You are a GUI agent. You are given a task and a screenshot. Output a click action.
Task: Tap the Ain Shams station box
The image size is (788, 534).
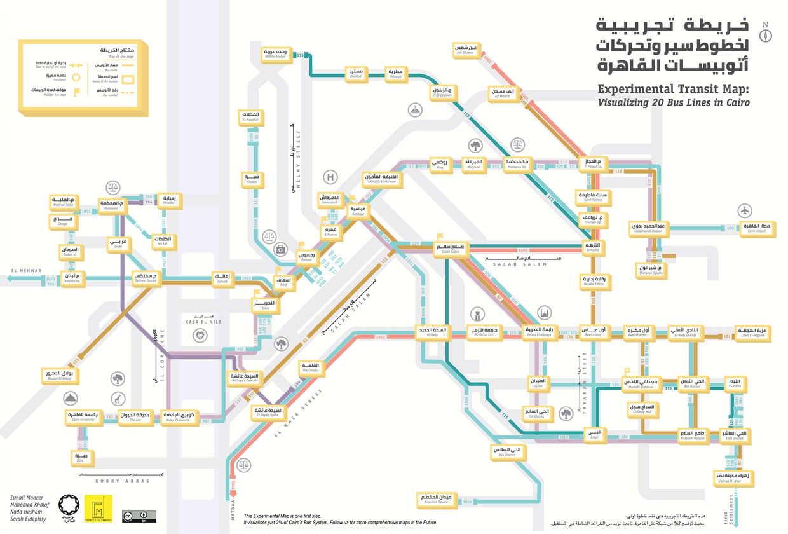[466, 50]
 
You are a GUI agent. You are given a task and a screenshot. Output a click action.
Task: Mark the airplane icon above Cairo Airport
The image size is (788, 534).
[744, 210]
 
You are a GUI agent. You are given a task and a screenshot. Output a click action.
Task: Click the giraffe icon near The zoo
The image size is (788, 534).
[118, 399]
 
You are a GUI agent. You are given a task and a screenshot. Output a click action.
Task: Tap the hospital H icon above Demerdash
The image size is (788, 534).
[330, 177]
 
